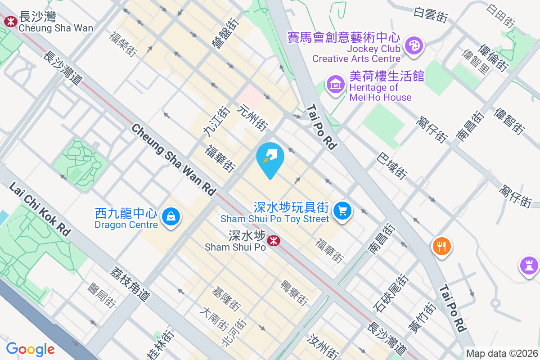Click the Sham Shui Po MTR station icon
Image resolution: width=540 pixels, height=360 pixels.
(x=273, y=241)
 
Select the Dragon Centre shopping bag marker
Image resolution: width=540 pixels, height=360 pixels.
(x=171, y=217)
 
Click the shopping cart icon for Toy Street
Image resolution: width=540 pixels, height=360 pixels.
(x=342, y=210)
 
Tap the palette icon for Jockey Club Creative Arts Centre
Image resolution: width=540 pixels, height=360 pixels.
(x=413, y=45)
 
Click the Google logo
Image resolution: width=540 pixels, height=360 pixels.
(x=30, y=349)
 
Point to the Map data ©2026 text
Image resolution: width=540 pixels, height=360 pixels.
(x=502, y=354)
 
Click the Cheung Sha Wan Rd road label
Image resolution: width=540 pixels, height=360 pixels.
(x=174, y=159)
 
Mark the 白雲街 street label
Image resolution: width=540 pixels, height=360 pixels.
(x=431, y=15)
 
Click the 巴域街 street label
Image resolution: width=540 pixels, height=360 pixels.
(x=392, y=165)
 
